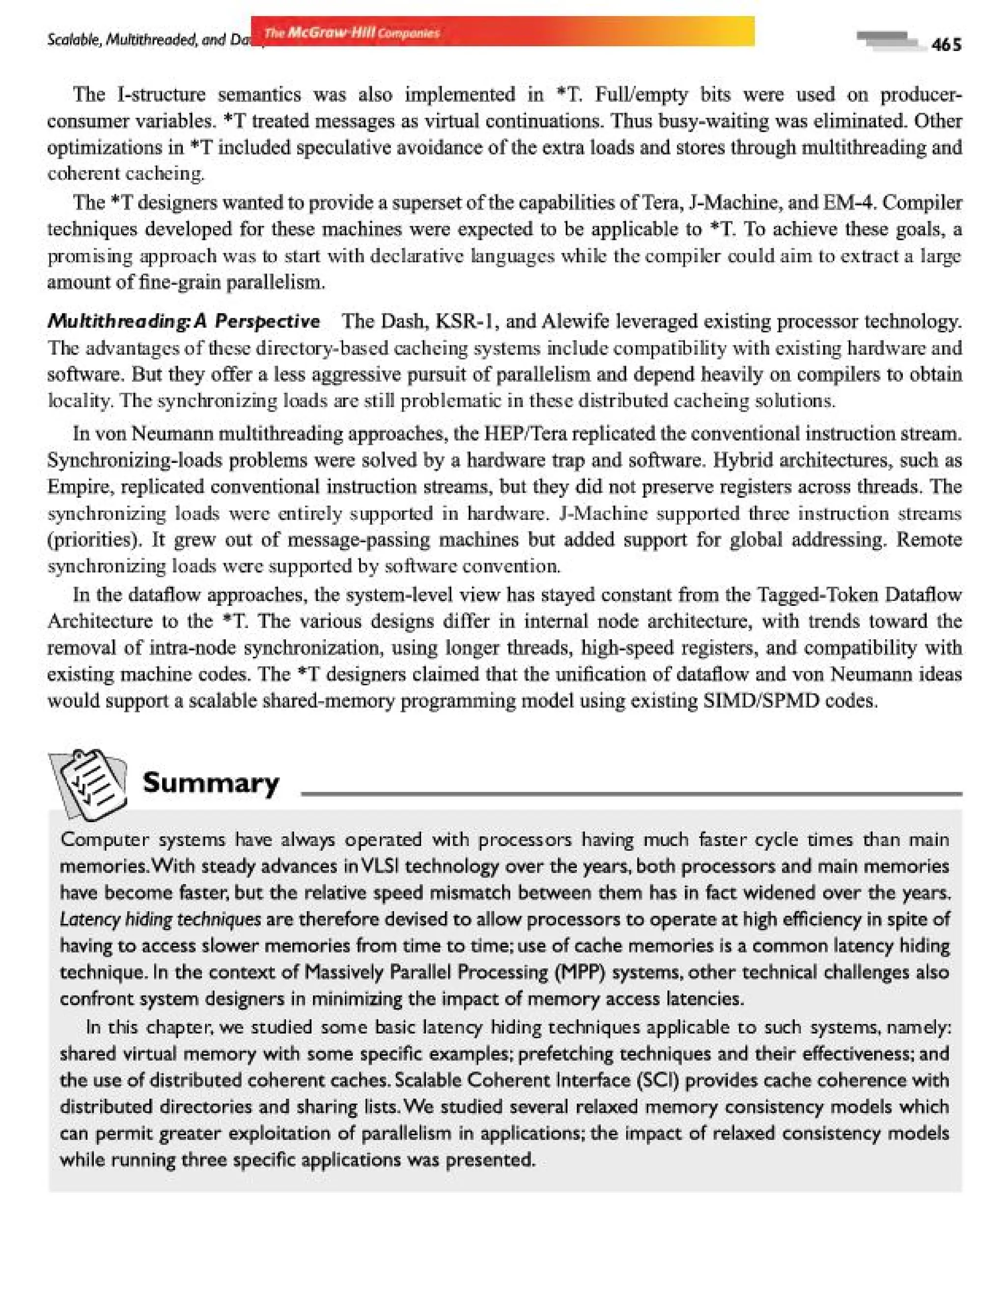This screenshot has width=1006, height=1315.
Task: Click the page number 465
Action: [946, 44]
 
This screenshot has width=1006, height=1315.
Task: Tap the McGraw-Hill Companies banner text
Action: [352, 32]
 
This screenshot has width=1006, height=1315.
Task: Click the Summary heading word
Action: [211, 782]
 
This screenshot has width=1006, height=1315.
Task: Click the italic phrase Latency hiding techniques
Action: [161, 919]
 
